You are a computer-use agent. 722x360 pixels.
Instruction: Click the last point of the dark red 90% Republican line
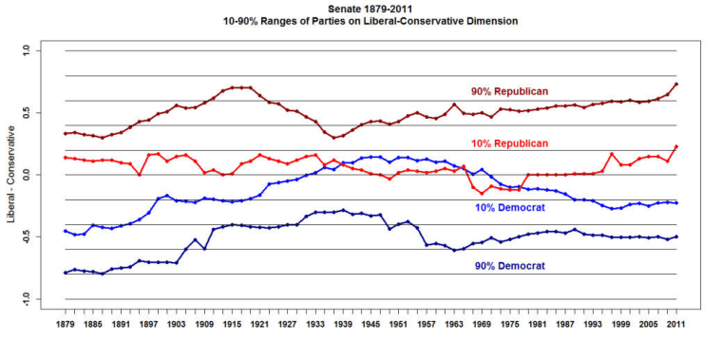(x=676, y=84)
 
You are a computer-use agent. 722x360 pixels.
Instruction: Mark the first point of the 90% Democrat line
(x=65, y=273)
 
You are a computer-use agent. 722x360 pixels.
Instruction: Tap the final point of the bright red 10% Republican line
(x=676, y=146)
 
